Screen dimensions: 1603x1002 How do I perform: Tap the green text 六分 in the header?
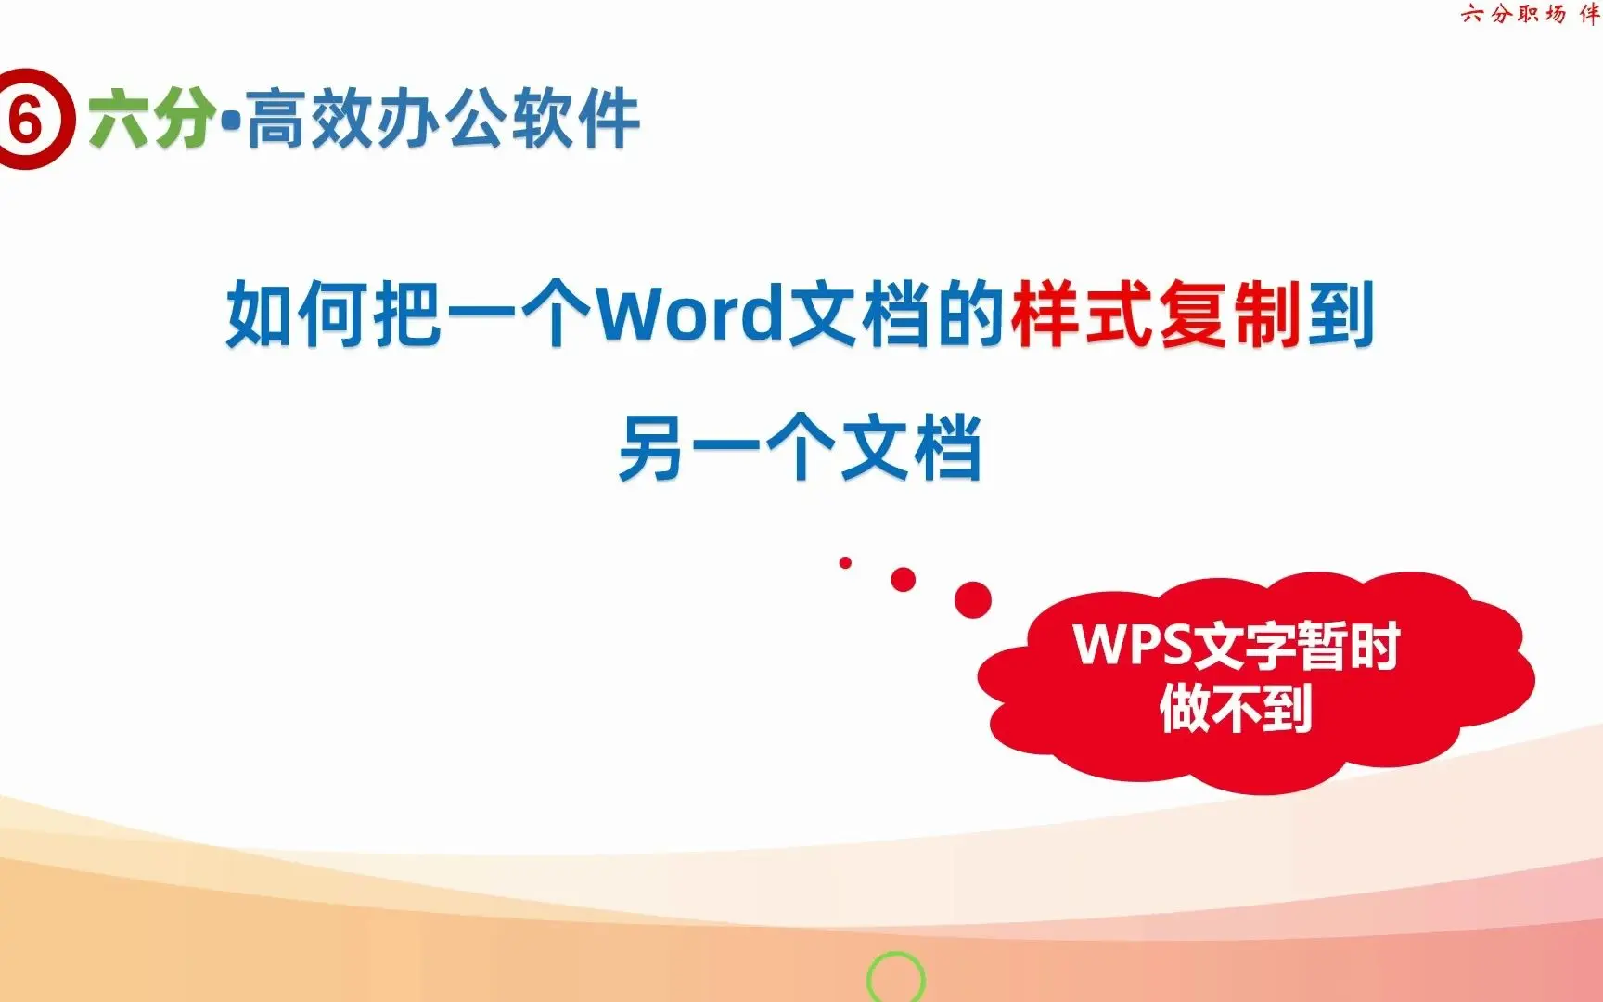pos(152,119)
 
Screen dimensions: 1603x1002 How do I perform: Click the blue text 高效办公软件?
pos(443,119)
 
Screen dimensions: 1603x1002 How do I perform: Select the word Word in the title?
pos(689,314)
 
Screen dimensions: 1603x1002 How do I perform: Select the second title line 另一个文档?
pos(800,448)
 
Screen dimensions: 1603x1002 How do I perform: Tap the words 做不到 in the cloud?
pos(1236,708)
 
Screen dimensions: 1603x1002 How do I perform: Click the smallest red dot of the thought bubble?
pos(845,562)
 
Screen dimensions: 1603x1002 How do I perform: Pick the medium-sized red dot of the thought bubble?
pos(903,580)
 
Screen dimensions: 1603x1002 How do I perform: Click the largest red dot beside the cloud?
pos(972,599)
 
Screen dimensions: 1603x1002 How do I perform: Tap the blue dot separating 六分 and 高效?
pos(231,120)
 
